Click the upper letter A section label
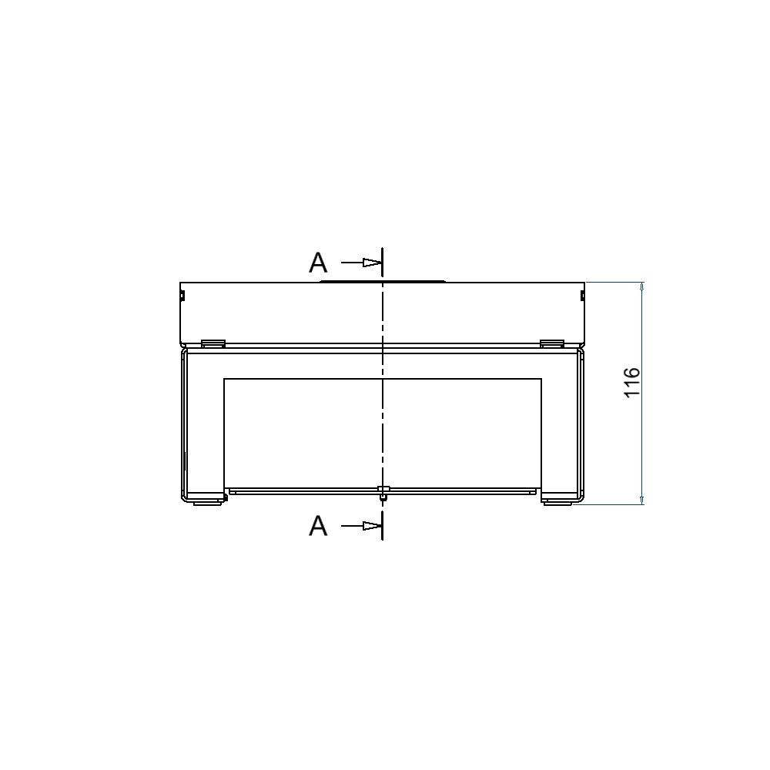[318, 263]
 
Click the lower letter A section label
[318, 526]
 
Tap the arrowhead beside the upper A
[372, 263]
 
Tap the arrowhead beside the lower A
[372, 526]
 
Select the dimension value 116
[632, 382]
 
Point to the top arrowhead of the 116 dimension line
[642, 287]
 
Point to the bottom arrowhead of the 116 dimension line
[642, 500]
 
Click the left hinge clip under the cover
[213, 343]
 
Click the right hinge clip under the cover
[551, 343]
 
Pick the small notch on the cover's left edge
[182, 295]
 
